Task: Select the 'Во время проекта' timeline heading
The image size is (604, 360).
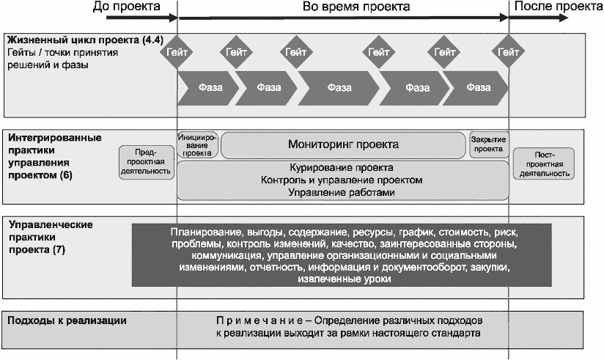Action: [345, 7]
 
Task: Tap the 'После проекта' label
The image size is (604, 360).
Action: [557, 7]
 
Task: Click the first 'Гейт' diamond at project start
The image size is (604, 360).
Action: [177, 52]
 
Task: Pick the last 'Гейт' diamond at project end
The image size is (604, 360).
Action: [508, 52]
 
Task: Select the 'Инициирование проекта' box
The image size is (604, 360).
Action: [198, 144]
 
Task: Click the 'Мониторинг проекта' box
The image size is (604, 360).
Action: [344, 144]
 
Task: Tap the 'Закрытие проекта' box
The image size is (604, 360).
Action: [488, 144]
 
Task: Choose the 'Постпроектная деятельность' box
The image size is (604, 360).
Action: [543, 163]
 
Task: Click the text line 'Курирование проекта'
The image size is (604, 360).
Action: [342, 167]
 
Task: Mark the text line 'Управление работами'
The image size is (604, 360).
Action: [342, 192]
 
